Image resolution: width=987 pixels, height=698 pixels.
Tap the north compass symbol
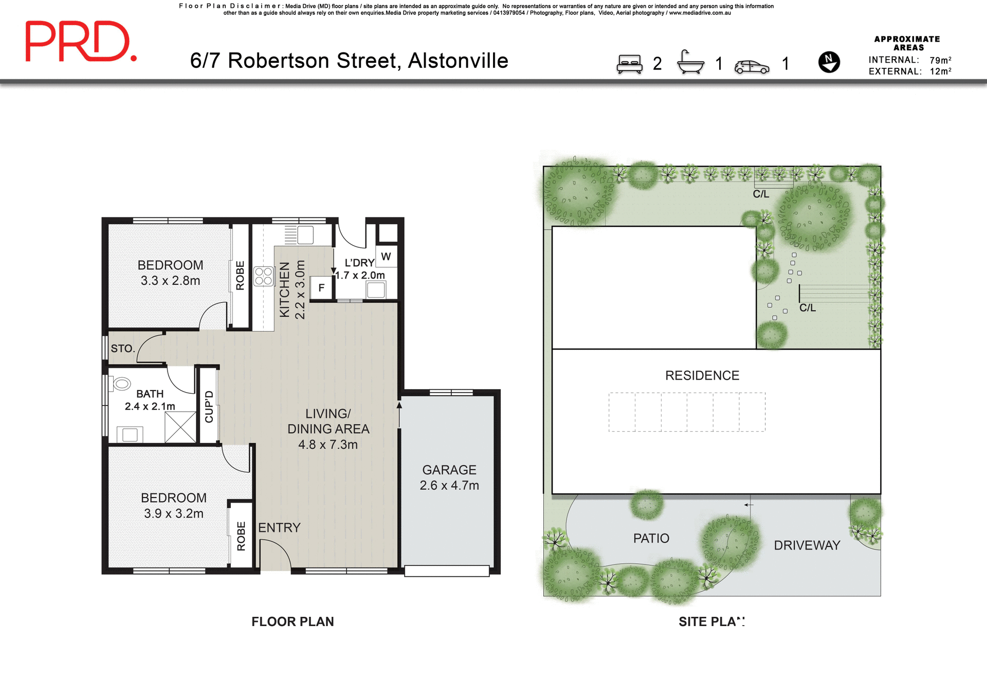(829, 62)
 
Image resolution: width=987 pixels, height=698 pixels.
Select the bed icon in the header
(629, 64)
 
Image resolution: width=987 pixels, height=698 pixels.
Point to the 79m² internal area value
(940, 60)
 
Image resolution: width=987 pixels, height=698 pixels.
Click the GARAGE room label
(449, 470)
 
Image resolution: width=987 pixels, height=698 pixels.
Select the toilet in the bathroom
(122, 383)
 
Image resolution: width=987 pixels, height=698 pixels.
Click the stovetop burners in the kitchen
(264, 276)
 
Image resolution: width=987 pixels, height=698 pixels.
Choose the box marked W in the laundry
(386, 256)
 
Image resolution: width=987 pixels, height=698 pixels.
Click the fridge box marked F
(321, 288)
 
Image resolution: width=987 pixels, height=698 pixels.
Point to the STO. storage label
(123, 348)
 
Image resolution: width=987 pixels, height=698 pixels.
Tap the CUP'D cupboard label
(209, 407)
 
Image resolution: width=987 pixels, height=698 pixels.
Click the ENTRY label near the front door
(279, 527)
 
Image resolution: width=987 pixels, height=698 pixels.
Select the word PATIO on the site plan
(651, 538)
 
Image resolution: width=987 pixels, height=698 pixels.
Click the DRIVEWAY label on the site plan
(807, 545)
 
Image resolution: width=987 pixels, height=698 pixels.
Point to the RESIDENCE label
(702, 376)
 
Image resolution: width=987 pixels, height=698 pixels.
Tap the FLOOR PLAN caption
(293, 621)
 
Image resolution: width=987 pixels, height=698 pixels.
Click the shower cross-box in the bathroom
(180, 427)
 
